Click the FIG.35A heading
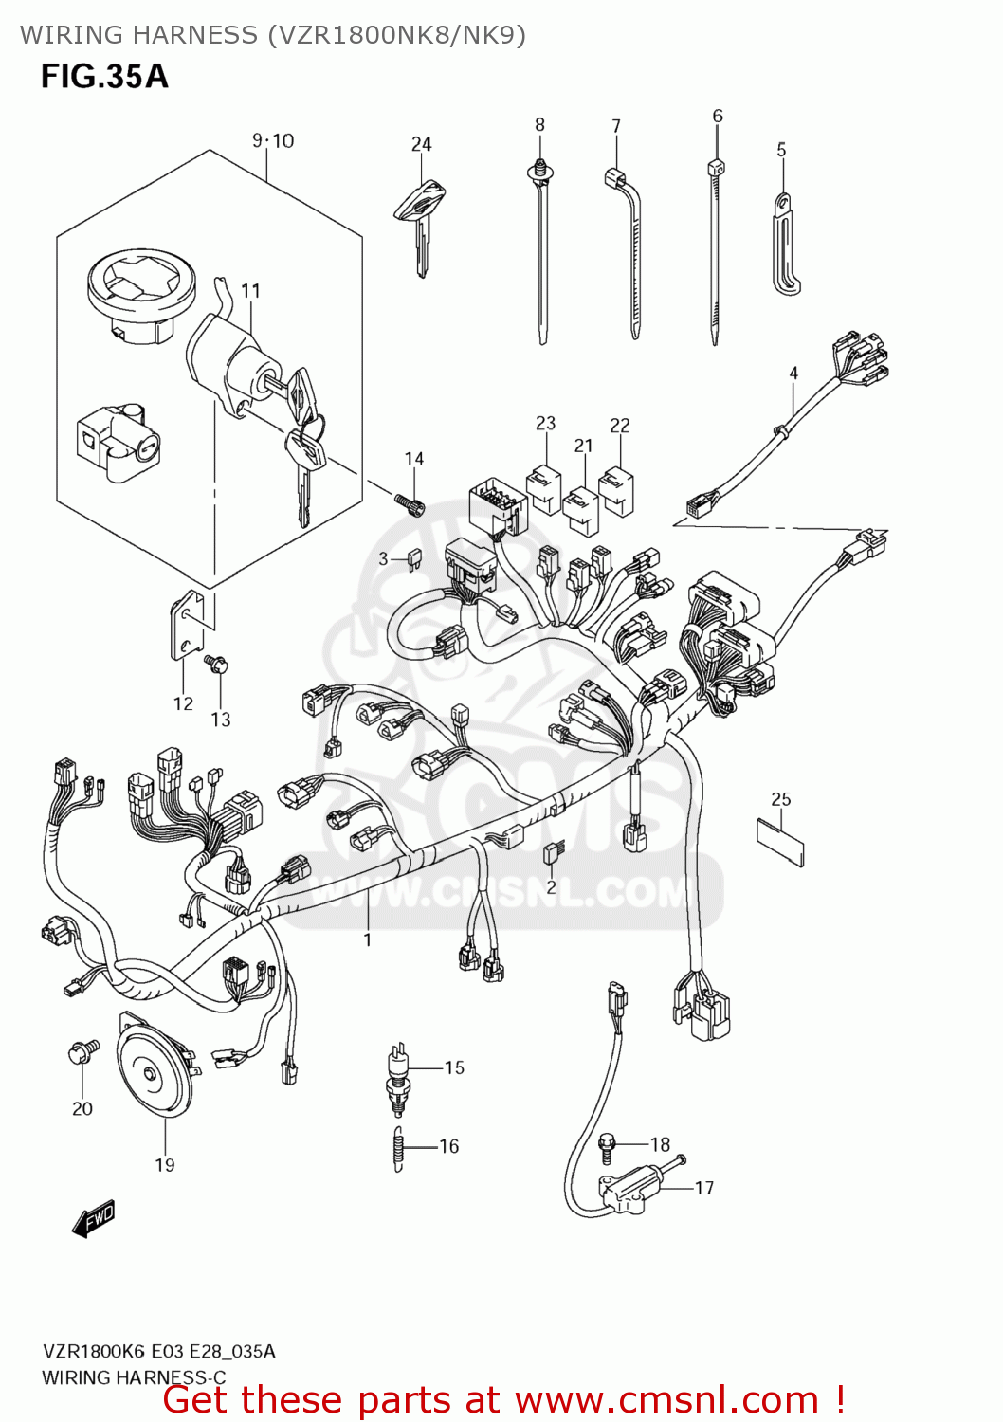(104, 76)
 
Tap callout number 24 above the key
(421, 144)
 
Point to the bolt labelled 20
(82, 1051)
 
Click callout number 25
(780, 799)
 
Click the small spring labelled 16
(399, 1148)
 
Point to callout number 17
(703, 1188)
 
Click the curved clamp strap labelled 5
(785, 245)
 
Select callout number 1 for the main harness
(368, 939)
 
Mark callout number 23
(545, 423)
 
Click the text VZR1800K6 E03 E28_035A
(158, 1351)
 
